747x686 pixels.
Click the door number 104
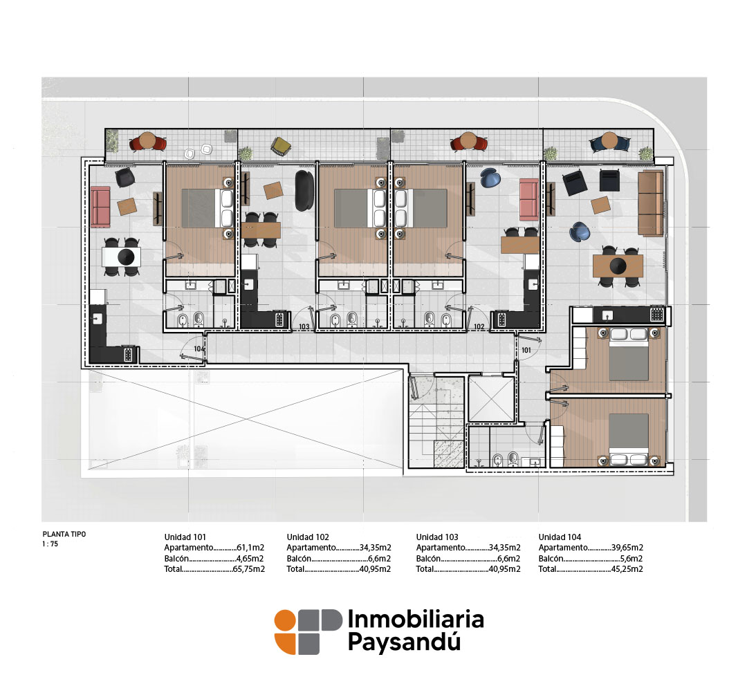point(199,349)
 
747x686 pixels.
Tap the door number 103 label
point(304,327)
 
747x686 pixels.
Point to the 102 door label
point(479,327)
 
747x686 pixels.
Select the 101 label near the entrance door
point(526,350)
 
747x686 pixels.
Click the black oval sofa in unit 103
point(304,190)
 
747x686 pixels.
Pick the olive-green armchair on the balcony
point(280,145)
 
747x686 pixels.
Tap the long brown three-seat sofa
point(650,203)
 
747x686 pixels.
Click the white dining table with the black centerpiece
point(122,257)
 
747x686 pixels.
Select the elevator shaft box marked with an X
point(491,398)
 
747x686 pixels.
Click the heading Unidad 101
point(185,537)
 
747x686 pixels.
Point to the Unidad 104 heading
point(560,537)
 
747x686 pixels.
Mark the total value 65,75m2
point(249,569)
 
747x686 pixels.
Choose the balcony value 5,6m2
point(631,558)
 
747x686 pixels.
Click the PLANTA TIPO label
point(64,534)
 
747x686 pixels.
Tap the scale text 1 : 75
point(50,544)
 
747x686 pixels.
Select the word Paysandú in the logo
point(404,642)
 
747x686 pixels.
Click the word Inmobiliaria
point(416,619)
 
